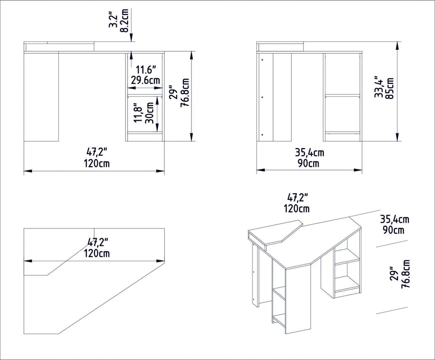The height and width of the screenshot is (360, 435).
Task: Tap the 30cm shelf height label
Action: coord(150,112)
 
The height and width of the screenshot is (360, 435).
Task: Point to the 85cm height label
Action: coord(389,89)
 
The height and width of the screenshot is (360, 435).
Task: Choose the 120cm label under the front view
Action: coord(96,163)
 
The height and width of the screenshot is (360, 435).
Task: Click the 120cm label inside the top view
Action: coord(96,253)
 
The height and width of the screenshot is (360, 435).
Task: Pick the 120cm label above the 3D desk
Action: coord(297,208)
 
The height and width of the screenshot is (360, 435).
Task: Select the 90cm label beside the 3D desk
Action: coord(393,230)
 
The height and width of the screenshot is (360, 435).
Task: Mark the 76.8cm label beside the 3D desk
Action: coord(406,274)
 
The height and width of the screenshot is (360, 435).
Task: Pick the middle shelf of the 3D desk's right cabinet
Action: coord(347,261)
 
